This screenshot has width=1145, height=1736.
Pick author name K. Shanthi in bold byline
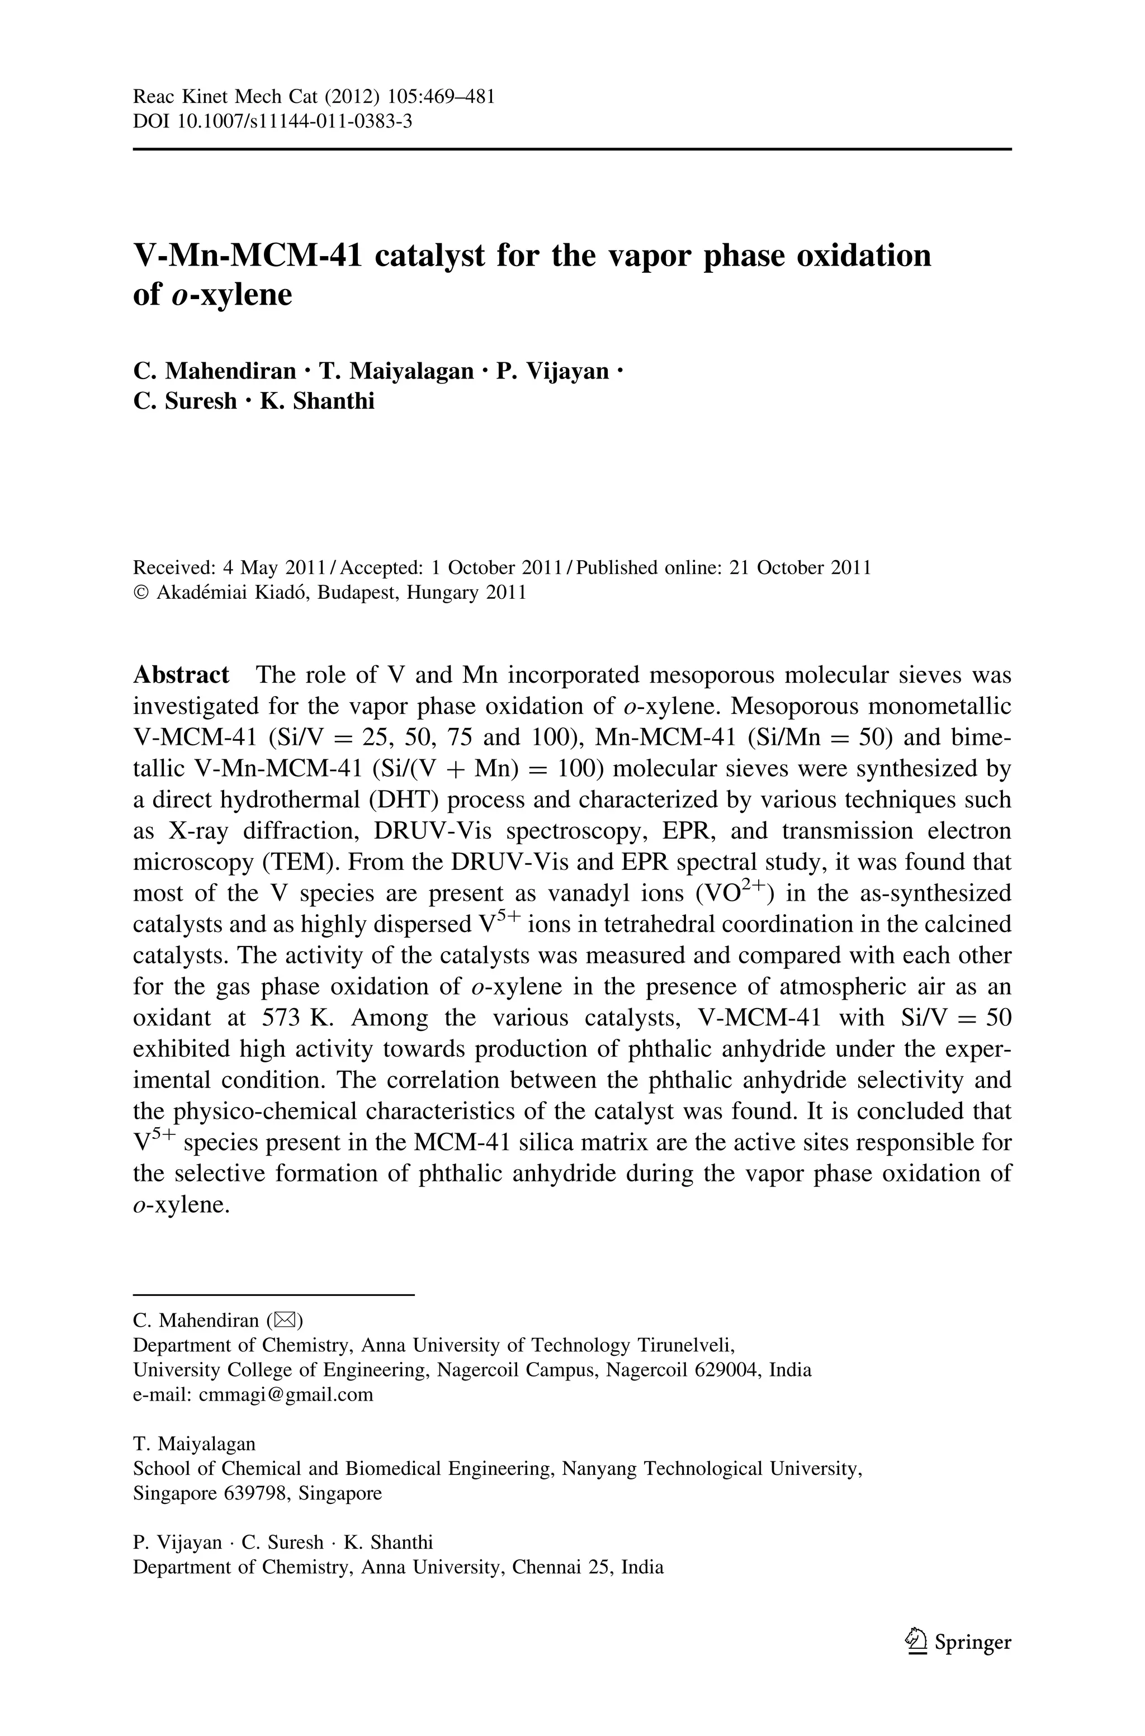[317, 401]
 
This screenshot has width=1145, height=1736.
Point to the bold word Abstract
[181, 674]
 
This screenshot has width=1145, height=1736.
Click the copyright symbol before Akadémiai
[141, 592]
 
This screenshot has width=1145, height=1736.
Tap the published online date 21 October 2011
[801, 567]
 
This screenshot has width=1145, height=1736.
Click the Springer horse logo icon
[916, 1642]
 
